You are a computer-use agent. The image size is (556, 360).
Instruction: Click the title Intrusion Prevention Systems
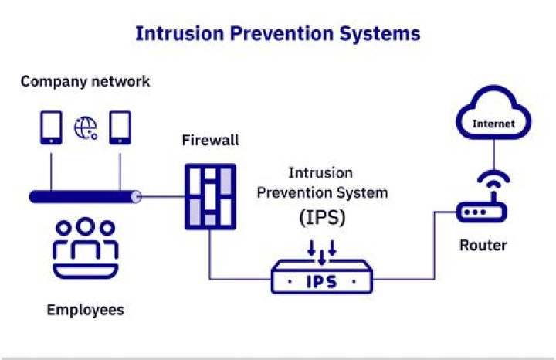point(277,33)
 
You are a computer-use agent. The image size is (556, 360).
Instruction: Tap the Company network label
point(85,81)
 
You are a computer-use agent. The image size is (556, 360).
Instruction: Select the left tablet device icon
point(51,127)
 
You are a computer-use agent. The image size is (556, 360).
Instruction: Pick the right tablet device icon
point(120,127)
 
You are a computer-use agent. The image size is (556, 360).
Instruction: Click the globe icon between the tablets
point(85,128)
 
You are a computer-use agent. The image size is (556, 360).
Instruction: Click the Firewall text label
point(210,141)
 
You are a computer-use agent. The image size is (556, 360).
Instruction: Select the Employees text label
point(85,310)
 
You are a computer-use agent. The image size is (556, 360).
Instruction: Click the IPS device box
point(321,280)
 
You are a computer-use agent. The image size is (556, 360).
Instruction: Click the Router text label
point(483,246)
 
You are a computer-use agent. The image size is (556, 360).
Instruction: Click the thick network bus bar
point(85,197)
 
